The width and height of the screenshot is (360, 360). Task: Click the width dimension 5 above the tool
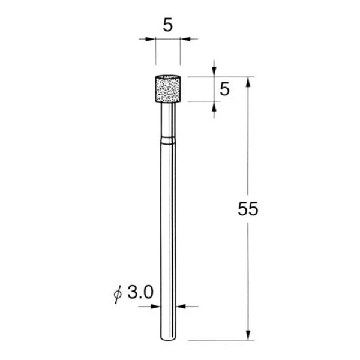tap(168, 25)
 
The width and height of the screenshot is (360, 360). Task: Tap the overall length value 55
tap(247, 209)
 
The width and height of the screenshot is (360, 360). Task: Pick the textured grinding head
tap(167, 88)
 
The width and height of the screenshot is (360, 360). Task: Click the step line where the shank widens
tap(167, 141)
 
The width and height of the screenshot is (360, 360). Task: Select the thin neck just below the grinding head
tap(167, 120)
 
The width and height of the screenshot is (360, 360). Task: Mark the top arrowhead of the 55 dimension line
tap(248, 80)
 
